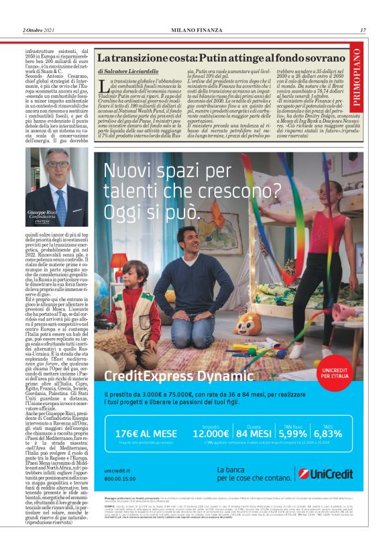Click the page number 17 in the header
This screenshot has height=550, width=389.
pyautogui.click(x=363, y=30)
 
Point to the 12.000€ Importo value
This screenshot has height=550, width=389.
pyautogui.click(x=211, y=451)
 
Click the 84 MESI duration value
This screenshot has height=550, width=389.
pyautogui.click(x=262, y=451)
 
